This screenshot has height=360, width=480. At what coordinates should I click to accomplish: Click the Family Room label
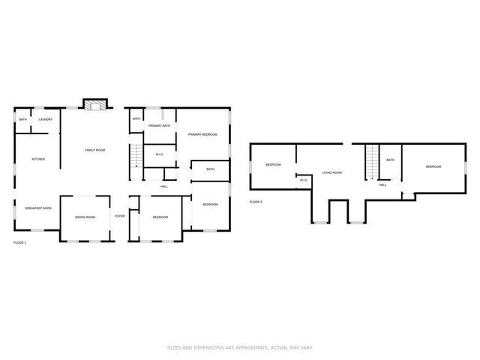(94, 151)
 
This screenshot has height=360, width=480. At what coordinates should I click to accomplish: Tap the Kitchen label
(37, 159)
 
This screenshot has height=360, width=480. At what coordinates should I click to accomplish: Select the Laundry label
(45, 119)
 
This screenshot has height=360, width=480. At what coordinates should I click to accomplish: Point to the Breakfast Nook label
(37, 208)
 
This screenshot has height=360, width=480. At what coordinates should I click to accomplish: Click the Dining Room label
(85, 217)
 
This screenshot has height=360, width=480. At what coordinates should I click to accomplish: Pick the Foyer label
(119, 216)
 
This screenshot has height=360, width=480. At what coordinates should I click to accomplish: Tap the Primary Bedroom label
(202, 134)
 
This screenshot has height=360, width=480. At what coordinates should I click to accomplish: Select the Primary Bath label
(159, 126)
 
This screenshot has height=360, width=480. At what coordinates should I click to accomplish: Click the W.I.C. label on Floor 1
(160, 154)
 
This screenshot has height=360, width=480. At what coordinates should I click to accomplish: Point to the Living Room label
(331, 172)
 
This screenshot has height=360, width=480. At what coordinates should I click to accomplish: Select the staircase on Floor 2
(373, 160)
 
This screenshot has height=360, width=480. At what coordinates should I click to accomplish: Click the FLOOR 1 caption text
(20, 243)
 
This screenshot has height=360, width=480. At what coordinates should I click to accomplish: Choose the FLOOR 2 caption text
(256, 201)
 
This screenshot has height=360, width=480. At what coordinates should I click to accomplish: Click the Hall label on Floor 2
(382, 184)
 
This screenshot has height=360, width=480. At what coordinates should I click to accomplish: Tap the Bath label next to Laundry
(23, 119)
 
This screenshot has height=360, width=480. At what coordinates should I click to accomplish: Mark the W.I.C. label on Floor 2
(303, 180)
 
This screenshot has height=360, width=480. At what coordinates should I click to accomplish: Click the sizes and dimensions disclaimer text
(239, 347)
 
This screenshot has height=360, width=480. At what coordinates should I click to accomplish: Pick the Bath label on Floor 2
(390, 160)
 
